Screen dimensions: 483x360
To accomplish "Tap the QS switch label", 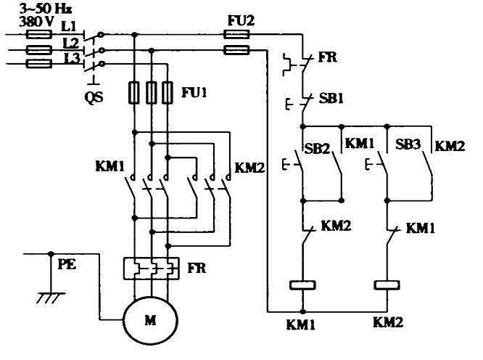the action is [x=94, y=97].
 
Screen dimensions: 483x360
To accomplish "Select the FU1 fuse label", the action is [x=194, y=92].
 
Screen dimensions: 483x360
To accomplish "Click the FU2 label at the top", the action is [x=241, y=20].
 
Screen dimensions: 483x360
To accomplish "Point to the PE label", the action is [x=67, y=264].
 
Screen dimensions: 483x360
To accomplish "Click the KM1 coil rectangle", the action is [x=303, y=285].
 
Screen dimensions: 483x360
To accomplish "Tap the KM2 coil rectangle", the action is [x=387, y=285].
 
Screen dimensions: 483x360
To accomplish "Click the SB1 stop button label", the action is [x=331, y=99].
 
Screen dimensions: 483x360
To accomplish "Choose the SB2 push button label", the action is [x=317, y=149].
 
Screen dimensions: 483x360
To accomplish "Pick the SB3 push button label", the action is [x=408, y=144].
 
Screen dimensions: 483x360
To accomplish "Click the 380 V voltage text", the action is [x=36, y=22].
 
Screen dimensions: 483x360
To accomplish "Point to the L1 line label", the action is [x=69, y=26].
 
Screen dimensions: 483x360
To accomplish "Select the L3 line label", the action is [x=72, y=58].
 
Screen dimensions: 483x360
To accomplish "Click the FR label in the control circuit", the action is [x=328, y=57].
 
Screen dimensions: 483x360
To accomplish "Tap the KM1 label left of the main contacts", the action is [x=110, y=166].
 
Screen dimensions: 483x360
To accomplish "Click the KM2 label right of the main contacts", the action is [x=249, y=168].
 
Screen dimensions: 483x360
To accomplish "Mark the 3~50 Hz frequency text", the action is [x=46, y=9].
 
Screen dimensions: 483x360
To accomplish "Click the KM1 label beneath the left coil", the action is [x=301, y=325].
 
